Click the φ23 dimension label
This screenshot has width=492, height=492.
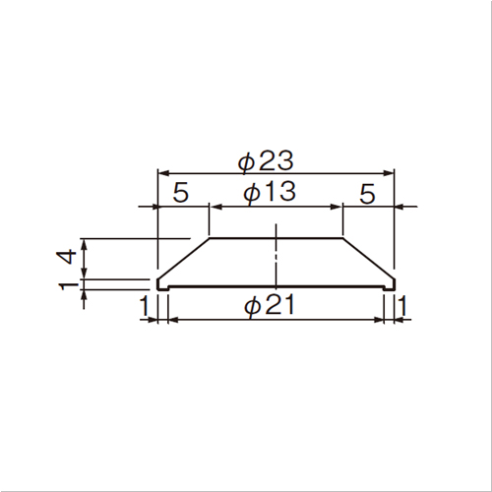click(265, 160)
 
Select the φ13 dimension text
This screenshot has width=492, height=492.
click(270, 192)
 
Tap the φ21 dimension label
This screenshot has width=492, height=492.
click(270, 305)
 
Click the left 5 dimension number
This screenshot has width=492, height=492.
click(181, 193)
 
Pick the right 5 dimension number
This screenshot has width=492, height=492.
click(367, 194)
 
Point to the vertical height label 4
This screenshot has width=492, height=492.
click(67, 257)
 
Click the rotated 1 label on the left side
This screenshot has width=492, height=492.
click(68, 285)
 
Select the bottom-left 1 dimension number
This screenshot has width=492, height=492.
click(145, 306)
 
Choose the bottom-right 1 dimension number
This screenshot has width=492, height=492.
click(402, 306)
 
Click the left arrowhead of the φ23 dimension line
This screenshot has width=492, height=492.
click(163, 172)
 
